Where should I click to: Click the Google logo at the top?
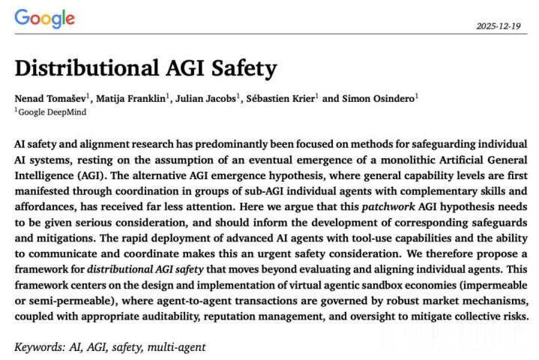click(x=44, y=19)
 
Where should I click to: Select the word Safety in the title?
click(x=243, y=69)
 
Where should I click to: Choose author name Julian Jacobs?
click(x=206, y=97)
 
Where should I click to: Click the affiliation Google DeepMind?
click(x=52, y=112)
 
